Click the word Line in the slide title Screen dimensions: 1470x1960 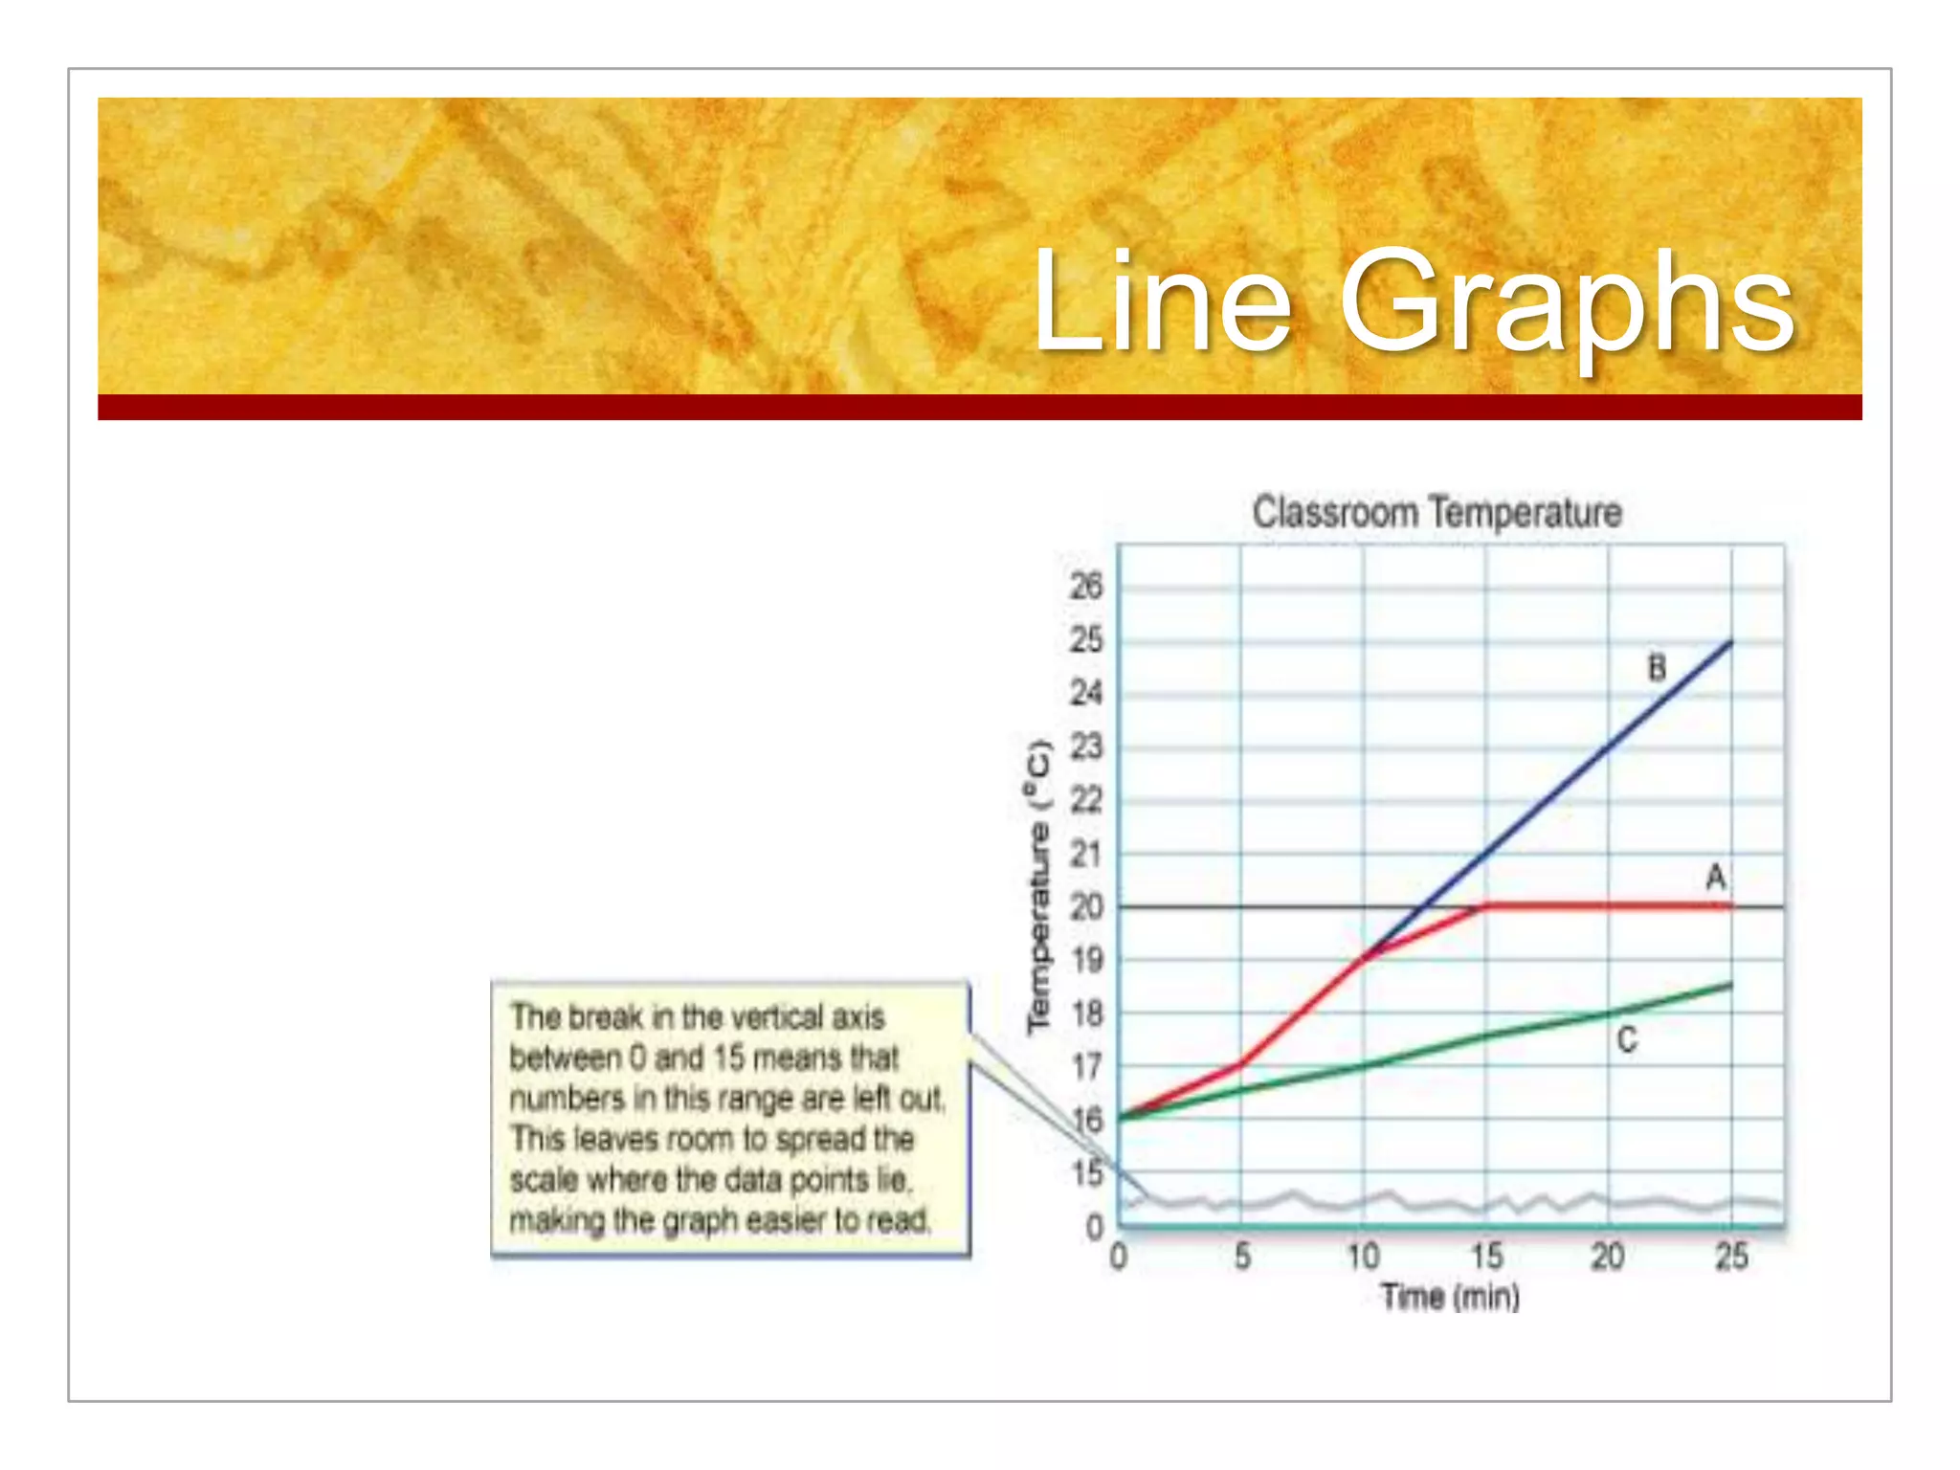click(x=1162, y=301)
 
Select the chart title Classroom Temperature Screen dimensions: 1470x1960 click(x=1437, y=513)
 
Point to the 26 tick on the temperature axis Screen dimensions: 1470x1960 click(x=1086, y=586)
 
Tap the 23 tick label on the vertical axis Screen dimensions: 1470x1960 click(x=1086, y=746)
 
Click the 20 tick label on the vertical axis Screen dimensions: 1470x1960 click(x=1086, y=906)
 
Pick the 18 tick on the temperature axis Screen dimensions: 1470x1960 click(x=1086, y=1013)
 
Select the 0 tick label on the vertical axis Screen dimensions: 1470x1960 click(x=1095, y=1228)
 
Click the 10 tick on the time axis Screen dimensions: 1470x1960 click(x=1363, y=1256)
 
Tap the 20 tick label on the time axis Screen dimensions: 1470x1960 click(x=1608, y=1256)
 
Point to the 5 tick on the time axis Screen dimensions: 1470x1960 click(x=1242, y=1256)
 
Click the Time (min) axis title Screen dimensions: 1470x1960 click(x=1450, y=1298)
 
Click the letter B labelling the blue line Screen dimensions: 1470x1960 click(x=1657, y=668)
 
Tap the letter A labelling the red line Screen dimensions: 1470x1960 click(x=1716, y=877)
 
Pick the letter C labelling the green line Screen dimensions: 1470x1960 click(x=1626, y=1039)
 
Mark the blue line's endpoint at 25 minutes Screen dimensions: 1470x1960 click(x=1731, y=642)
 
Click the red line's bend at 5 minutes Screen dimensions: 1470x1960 click(x=1241, y=1063)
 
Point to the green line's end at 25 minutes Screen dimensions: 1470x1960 click(x=1731, y=985)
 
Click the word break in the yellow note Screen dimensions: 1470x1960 click(x=607, y=1016)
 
